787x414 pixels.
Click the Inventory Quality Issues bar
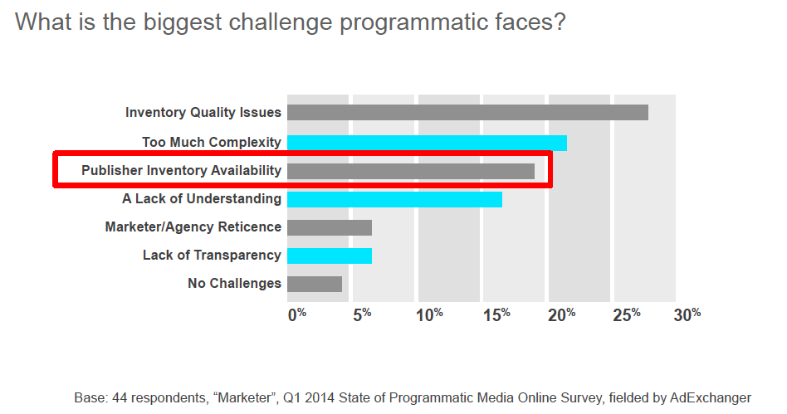coord(467,113)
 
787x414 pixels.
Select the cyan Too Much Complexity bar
coord(427,143)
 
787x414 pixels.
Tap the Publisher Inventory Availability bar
coord(411,171)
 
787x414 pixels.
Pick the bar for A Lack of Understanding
coord(394,199)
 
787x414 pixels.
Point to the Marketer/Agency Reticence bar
coord(330,227)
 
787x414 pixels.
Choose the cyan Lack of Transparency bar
coord(330,256)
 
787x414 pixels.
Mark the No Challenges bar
coord(315,284)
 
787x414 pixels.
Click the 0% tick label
coord(297,314)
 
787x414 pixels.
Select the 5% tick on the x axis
coord(362,314)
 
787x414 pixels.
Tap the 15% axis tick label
coord(496,314)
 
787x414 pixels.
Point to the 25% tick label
coord(627,314)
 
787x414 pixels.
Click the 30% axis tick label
coord(688,314)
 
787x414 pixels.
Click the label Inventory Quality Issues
coord(203,113)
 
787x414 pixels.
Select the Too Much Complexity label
coord(211,143)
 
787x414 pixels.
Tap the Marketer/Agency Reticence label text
coord(193,227)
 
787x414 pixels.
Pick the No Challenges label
coord(234,284)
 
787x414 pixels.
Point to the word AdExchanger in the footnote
coord(710,398)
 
